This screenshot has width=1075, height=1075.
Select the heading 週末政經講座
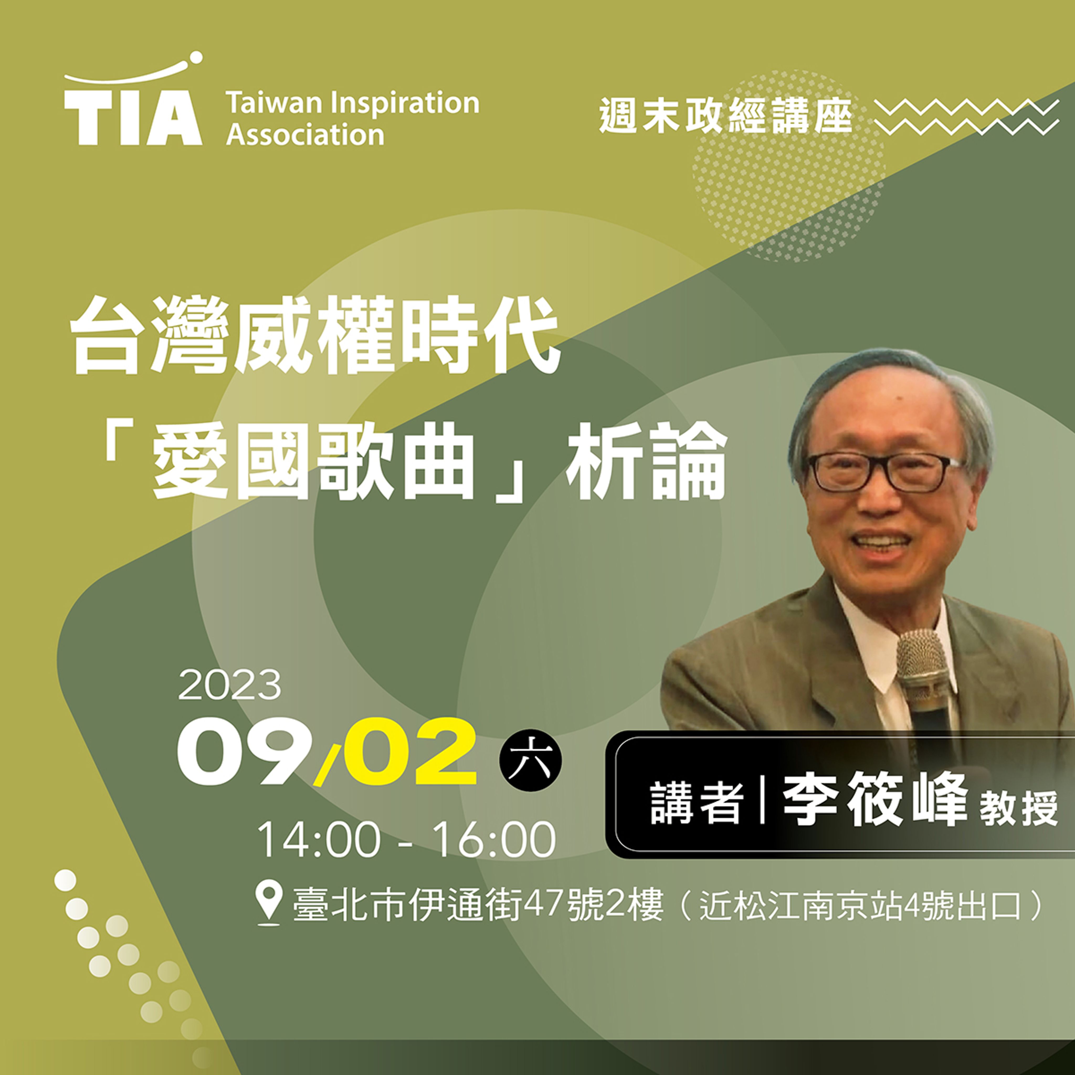[726, 116]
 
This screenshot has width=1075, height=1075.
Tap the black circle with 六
[530, 760]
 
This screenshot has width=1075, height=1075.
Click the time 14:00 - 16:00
[406, 840]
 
